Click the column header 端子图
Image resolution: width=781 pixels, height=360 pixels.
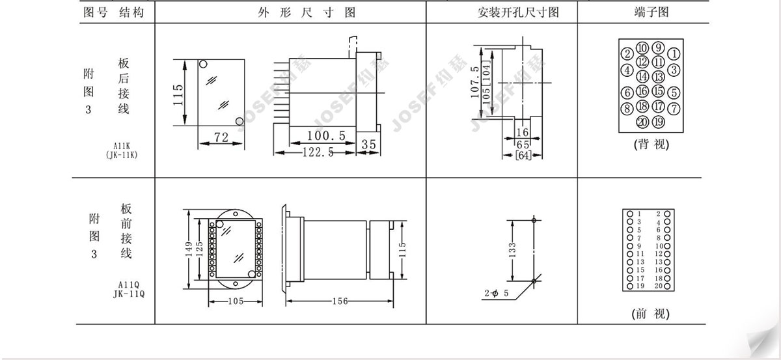(x=651, y=12)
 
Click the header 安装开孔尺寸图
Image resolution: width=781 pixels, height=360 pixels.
(x=518, y=12)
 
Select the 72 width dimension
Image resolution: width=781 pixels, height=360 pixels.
(x=221, y=137)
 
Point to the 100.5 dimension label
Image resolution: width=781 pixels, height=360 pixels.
(x=326, y=135)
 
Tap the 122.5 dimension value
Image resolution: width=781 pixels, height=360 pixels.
(x=318, y=152)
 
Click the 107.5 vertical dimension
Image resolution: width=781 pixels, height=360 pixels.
(x=475, y=82)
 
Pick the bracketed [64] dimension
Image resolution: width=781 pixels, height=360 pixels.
(x=523, y=155)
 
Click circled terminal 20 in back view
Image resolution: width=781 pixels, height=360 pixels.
(x=642, y=122)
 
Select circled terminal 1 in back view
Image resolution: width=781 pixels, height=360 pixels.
(x=674, y=54)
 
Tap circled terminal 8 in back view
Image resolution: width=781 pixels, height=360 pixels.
(x=627, y=108)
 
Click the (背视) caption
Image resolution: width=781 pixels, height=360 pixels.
(x=651, y=144)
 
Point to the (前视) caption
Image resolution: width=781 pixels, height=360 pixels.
(x=651, y=314)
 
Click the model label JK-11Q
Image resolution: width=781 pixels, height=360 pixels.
(x=129, y=294)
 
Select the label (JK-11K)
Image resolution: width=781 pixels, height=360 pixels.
(x=122, y=155)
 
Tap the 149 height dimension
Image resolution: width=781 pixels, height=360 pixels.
(x=189, y=249)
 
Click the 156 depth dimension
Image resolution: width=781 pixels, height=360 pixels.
(x=340, y=301)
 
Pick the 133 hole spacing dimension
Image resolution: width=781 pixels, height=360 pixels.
(x=512, y=250)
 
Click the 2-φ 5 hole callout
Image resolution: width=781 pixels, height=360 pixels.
(x=497, y=293)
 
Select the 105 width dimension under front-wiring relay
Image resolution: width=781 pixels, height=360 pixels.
(x=236, y=301)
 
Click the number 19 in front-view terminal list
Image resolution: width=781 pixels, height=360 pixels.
(x=640, y=286)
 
